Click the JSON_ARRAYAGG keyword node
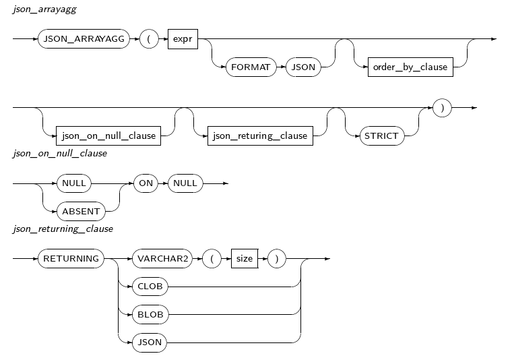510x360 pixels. pos(84,39)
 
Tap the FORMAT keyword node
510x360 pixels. pos(251,67)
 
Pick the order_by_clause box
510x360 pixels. pos(410,67)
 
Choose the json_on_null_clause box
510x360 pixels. pos(108,136)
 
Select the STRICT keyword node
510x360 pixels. pos(381,136)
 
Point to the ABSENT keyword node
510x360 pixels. pos(81,211)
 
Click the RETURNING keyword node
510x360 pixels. pos(71,258)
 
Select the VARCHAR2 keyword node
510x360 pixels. pos(161,258)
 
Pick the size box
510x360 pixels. pos(245,258)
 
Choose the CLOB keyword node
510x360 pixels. pos(150,286)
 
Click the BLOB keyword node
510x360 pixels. pos(150,314)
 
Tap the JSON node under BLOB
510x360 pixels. pos(150,342)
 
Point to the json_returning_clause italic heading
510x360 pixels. pos(63,229)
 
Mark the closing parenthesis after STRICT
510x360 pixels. pos(442,107)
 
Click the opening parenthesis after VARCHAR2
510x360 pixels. pos(212,258)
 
